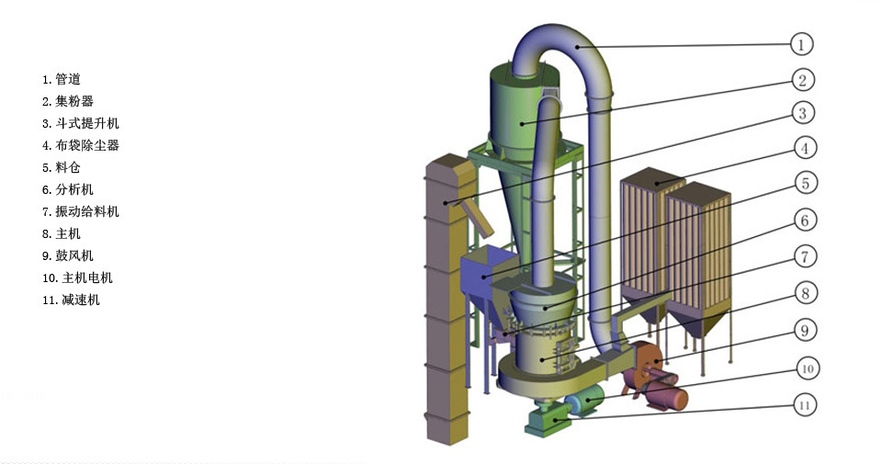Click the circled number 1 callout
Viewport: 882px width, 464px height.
click(801, 44)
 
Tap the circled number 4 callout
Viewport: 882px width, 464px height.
click(805, 149)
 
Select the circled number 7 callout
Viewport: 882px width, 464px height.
click(805, 257)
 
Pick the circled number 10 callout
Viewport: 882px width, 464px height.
click(808, 369)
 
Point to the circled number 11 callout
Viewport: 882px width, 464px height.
click(805, 405)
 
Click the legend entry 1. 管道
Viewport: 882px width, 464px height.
click(62, 79)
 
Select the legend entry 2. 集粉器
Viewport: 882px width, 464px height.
click(67, 101)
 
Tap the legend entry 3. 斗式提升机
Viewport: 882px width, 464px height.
click(81, 123)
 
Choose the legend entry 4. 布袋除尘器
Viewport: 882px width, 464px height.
click(81, 145)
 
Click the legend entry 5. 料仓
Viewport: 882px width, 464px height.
click(62, 167)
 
